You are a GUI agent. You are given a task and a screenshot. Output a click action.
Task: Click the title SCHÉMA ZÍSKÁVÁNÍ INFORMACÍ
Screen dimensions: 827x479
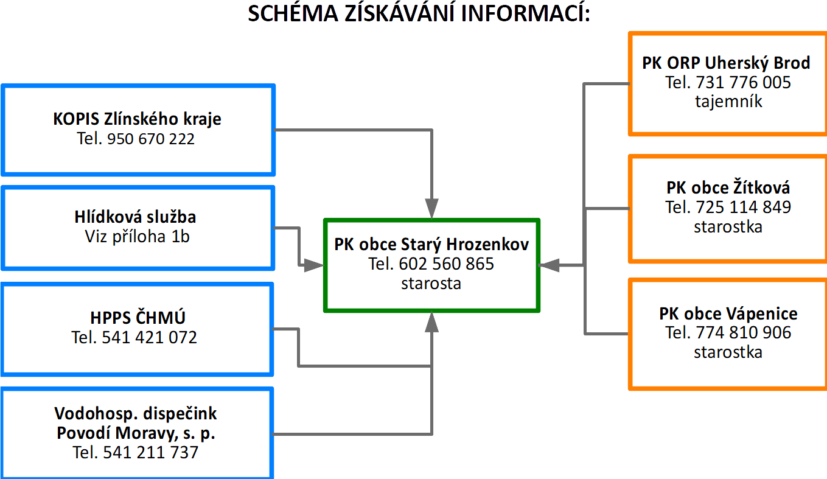419,13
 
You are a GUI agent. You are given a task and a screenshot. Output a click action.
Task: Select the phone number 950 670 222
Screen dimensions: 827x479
151,139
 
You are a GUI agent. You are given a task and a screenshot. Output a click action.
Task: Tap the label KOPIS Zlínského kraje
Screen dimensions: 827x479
137,119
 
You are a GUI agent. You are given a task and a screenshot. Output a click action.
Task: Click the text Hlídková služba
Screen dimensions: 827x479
135,217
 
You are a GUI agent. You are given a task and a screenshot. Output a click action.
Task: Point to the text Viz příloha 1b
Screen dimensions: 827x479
137,236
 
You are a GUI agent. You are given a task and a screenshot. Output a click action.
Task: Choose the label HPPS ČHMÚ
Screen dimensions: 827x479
138,317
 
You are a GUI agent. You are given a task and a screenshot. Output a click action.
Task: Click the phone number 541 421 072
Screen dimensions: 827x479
150,337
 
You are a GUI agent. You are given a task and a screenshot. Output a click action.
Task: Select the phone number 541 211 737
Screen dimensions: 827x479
151,452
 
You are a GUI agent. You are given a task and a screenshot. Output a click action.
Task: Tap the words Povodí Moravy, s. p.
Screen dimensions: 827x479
136,433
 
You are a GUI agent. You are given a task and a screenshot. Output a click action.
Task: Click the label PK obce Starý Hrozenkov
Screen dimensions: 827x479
431,245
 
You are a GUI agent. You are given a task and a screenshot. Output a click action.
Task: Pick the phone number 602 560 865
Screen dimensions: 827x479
446,264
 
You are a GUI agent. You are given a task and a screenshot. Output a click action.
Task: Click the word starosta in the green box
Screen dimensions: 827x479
431,284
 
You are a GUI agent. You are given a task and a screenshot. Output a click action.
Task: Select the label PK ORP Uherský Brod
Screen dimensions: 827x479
726,63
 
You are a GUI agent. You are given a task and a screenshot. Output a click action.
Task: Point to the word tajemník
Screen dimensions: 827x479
728,101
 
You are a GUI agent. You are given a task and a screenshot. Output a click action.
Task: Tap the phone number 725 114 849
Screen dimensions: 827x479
744,207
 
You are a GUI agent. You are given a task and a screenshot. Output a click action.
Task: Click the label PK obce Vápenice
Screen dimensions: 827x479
728,314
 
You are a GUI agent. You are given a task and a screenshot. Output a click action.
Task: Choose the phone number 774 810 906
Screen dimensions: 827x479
744,333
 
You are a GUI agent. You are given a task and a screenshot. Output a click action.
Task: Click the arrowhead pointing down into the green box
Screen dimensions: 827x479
431,209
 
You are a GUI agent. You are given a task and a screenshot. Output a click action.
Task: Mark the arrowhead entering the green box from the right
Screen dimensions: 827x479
549,265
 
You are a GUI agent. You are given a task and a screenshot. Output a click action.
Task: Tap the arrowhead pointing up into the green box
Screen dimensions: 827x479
431,322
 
